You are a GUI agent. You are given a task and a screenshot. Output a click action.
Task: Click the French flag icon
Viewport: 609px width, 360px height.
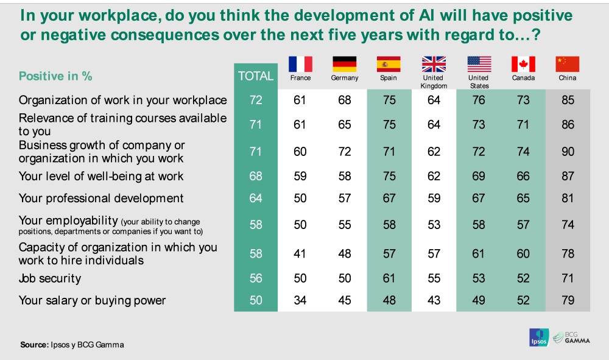tap(300, 64)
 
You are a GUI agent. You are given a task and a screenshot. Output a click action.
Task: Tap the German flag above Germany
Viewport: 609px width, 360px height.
tap(344, 64)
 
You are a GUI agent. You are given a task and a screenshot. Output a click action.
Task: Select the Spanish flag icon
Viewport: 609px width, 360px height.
tap(389, 64)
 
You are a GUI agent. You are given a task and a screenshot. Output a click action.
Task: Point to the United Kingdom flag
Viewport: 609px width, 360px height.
tap(434, 64)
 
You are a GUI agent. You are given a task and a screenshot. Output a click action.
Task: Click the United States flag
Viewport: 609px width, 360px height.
tap(479, 64)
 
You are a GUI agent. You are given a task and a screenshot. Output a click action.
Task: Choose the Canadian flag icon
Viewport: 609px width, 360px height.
tap(523, 64)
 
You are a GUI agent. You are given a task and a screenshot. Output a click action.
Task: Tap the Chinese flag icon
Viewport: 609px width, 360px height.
tap(568, 64)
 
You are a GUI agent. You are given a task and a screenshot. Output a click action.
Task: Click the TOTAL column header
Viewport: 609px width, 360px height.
tap(256, 77)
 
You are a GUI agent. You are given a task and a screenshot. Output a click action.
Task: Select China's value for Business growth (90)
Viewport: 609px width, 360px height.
tap(568, 151)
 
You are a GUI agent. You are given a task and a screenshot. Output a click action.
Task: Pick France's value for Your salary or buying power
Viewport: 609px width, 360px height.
tap(300, 300)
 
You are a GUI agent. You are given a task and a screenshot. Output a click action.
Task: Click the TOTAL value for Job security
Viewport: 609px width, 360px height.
tap(256, 278)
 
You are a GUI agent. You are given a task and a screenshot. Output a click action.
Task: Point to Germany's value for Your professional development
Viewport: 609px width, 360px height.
tap(345, 198)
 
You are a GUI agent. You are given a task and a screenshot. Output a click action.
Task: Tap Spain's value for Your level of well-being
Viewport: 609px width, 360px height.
tap(389, 177)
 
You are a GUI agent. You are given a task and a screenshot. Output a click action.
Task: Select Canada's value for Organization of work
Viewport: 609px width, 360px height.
tap(523, 100)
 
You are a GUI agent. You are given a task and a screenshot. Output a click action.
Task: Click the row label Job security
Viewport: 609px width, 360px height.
tap(50, 278)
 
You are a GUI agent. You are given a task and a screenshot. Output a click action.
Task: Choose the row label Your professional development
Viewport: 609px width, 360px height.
tap(101, 198)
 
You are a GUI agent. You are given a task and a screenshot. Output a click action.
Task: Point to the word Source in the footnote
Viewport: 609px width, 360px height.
tap(34, 345)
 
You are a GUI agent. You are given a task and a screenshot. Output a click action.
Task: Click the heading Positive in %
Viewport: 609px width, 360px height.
tap(55, 77)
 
